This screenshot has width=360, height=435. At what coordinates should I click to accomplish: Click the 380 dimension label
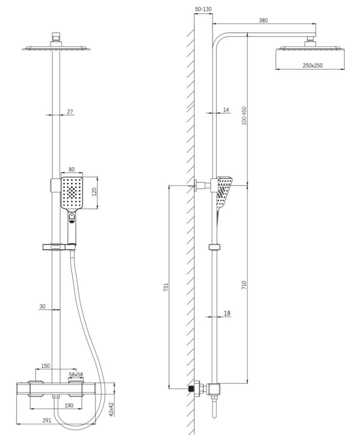(262, 20)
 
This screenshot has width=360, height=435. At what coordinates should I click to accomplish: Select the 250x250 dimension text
(313, 65)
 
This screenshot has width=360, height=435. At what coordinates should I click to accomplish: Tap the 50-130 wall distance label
(203, 9)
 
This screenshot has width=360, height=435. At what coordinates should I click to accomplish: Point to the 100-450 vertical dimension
(244, 116)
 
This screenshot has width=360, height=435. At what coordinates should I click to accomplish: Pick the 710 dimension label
(244, 285)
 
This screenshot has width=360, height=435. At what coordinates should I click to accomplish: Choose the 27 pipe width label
(70, 112)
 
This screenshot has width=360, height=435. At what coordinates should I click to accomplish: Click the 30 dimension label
(42, 306)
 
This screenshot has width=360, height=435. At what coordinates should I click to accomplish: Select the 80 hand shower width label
(71, 169)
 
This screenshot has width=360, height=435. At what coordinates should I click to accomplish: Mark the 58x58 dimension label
(76, 374)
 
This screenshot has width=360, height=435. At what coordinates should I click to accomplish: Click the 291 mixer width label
(47, 420)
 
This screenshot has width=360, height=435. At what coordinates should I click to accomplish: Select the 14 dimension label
(226, 110)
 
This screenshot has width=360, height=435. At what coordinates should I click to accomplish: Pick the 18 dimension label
(227, 313)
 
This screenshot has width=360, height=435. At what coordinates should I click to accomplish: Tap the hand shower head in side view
(224, 191)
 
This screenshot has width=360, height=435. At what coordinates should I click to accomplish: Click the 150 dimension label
(45, 366)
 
